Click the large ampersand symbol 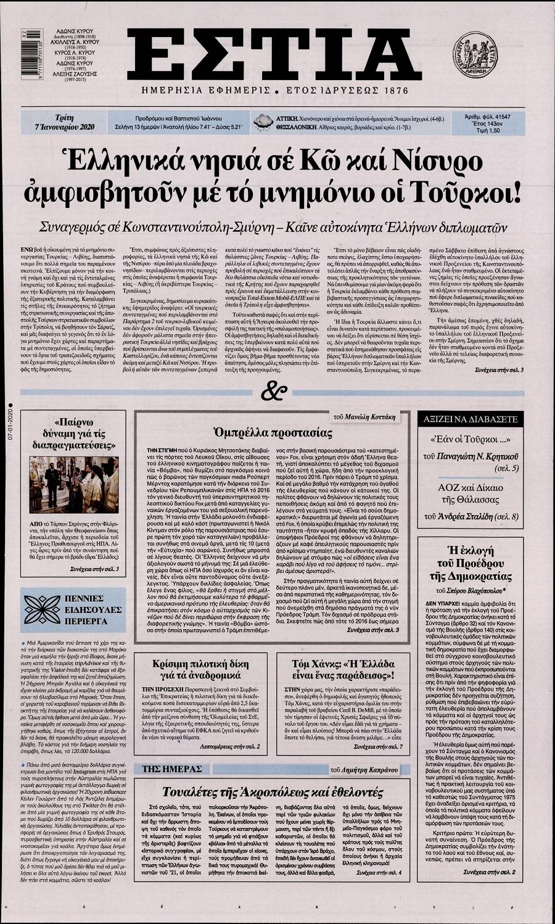[272, 390]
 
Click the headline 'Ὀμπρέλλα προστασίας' [272, 432]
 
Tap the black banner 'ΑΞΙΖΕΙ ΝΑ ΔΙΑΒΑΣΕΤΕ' [475, 418]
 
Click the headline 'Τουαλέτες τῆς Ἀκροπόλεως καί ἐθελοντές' [273, 792]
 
